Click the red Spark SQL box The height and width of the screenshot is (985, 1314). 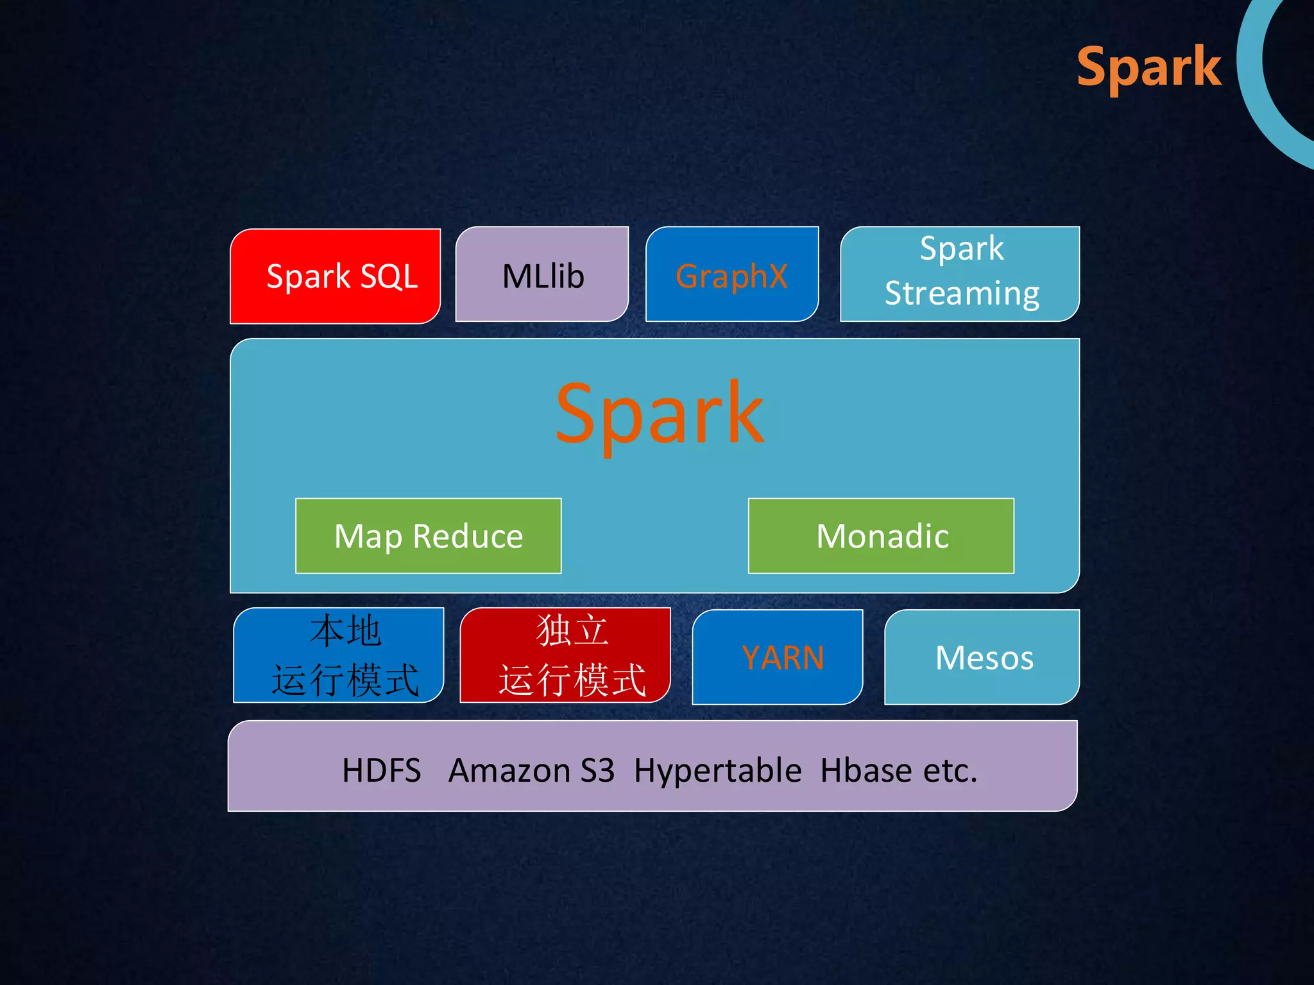pyautogui.click(x=336, y=276)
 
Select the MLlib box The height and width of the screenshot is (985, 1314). pyautogui.click(x=542, y=274)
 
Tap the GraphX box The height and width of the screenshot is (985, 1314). pyautogui.click(x=731, y=274)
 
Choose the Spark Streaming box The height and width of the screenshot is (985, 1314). pyautogui.click(x=960, y=274)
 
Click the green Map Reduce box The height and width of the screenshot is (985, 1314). pyautogui.click(x=428, y=536)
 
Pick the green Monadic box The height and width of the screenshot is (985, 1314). pyautogui.click(x=881, y=536)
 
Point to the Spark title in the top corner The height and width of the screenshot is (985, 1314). pyautogui.click(x=1148, y=67)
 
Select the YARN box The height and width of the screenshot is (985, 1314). pyautogui.click(x=778, y=657)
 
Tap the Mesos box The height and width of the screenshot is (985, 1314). pyautogui.click(x=982, y=657)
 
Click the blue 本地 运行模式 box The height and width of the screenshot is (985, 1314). pyautogui.click(x=339, y=655)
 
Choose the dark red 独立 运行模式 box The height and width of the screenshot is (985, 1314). pyautogui.click(x=566, y=655)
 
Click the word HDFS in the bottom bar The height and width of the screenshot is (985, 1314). pyautogui.click(x=381, y=770)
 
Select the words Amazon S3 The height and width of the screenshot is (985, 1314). pyautogui.click(x=531, y=770)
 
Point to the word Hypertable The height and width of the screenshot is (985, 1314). pyautogui.click(x=717, y=770)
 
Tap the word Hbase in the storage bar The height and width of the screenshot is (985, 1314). pyautogui.click(x=866, y=770)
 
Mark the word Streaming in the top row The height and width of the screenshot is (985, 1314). pyautogui.click(x=961, y=294)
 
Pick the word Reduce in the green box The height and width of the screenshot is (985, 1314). pyautogui.click(x=468, y=536)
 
